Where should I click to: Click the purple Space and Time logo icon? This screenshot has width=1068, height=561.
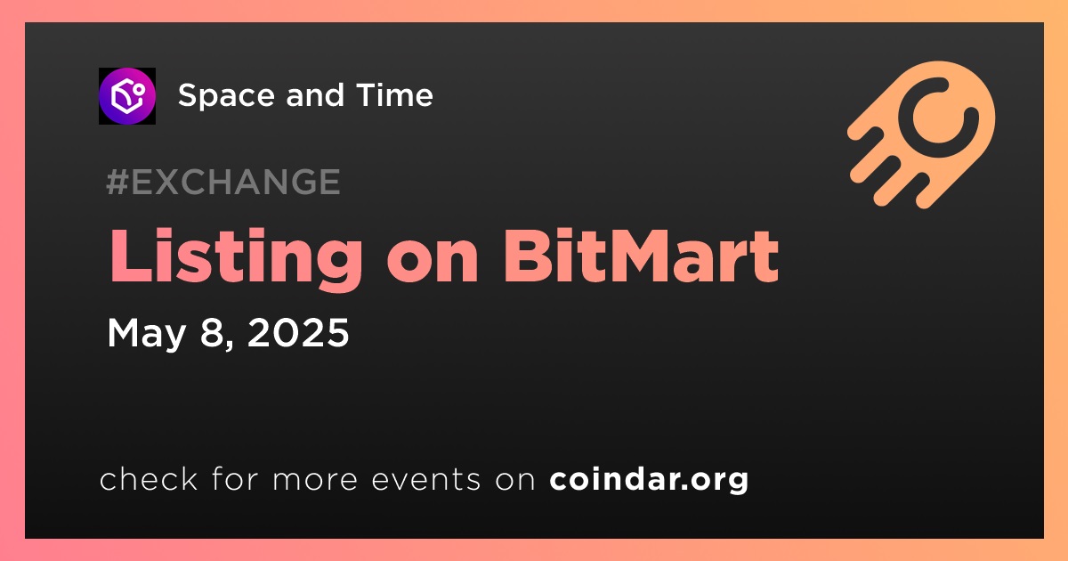[x=127, y=96]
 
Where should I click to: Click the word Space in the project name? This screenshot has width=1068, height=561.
[x=226, y=96]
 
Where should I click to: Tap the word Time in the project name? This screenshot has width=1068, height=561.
[x=394, y=94]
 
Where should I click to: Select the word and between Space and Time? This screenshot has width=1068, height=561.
[x=315, y=94]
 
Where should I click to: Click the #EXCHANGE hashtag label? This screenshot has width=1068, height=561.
[x=223, y=182]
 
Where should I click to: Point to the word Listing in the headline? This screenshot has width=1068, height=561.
[x=236, y=258]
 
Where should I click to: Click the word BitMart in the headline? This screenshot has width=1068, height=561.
[x=642, y=256]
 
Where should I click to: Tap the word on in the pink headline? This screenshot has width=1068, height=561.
[x=433, y=264]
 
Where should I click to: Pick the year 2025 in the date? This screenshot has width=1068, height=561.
[x=298, y=332]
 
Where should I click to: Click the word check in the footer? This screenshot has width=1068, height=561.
[x=149, y=478]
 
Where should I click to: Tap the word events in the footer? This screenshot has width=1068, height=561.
[x=425, y=479]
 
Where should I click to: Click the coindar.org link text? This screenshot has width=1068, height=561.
[x=649, y=480]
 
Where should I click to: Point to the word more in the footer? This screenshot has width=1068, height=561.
[x=315, y=480]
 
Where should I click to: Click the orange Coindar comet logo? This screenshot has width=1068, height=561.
[x=922, y=134]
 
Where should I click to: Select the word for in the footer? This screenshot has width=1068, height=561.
[x=235, y=478]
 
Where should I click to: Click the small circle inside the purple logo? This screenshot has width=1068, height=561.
[x=139, y=89]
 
